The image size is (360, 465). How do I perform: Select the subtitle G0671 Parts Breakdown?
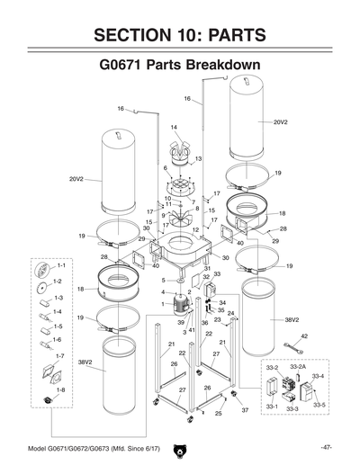(179, 67)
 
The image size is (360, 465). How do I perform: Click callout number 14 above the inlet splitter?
(174, 128)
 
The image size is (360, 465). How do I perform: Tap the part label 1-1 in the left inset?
(60, 267)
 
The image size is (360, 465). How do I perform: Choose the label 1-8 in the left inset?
(60, 389)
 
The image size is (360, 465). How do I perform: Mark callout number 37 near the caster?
(244, 409)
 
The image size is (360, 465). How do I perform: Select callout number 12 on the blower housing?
(195, 230)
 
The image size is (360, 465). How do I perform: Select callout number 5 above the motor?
(164, 281)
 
